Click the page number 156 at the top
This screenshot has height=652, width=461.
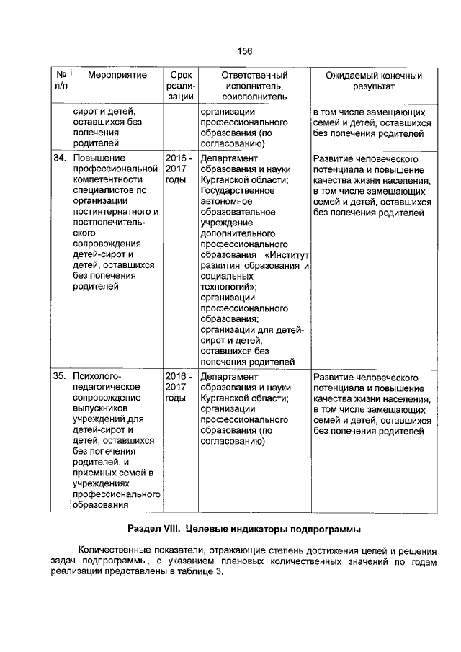pos(245,50)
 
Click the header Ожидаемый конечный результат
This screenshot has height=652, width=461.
pos(373,80)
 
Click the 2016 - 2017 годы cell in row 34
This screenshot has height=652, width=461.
pos(178,169)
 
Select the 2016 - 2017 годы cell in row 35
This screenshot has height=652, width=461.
pos(178,388)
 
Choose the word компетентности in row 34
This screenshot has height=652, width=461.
pos(106,179)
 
